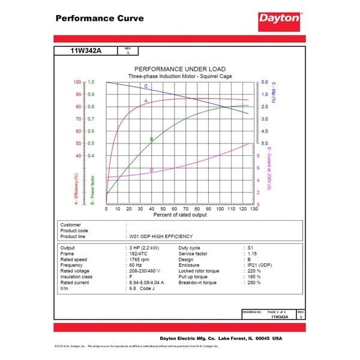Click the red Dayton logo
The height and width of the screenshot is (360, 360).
coord(280,19)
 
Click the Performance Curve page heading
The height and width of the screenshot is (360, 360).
coord(100,18)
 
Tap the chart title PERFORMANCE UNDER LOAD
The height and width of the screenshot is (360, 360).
coord(179,69)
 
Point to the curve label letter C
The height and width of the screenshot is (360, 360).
coord(146,87)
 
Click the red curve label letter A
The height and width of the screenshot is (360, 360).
coord(146,101)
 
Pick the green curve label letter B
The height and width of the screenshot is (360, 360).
coord(151,139)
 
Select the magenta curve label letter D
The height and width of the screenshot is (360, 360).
coord(151,170)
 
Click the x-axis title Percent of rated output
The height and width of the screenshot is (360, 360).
coord(180,214)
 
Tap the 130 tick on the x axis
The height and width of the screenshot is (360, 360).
coord(254,208)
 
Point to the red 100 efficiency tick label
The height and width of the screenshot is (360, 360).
coord(77,82)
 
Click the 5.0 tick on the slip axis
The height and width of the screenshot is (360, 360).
coord(265,143)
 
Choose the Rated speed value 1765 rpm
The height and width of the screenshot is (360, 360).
coord(142,260)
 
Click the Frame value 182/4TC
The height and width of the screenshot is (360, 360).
coord(140,254)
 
